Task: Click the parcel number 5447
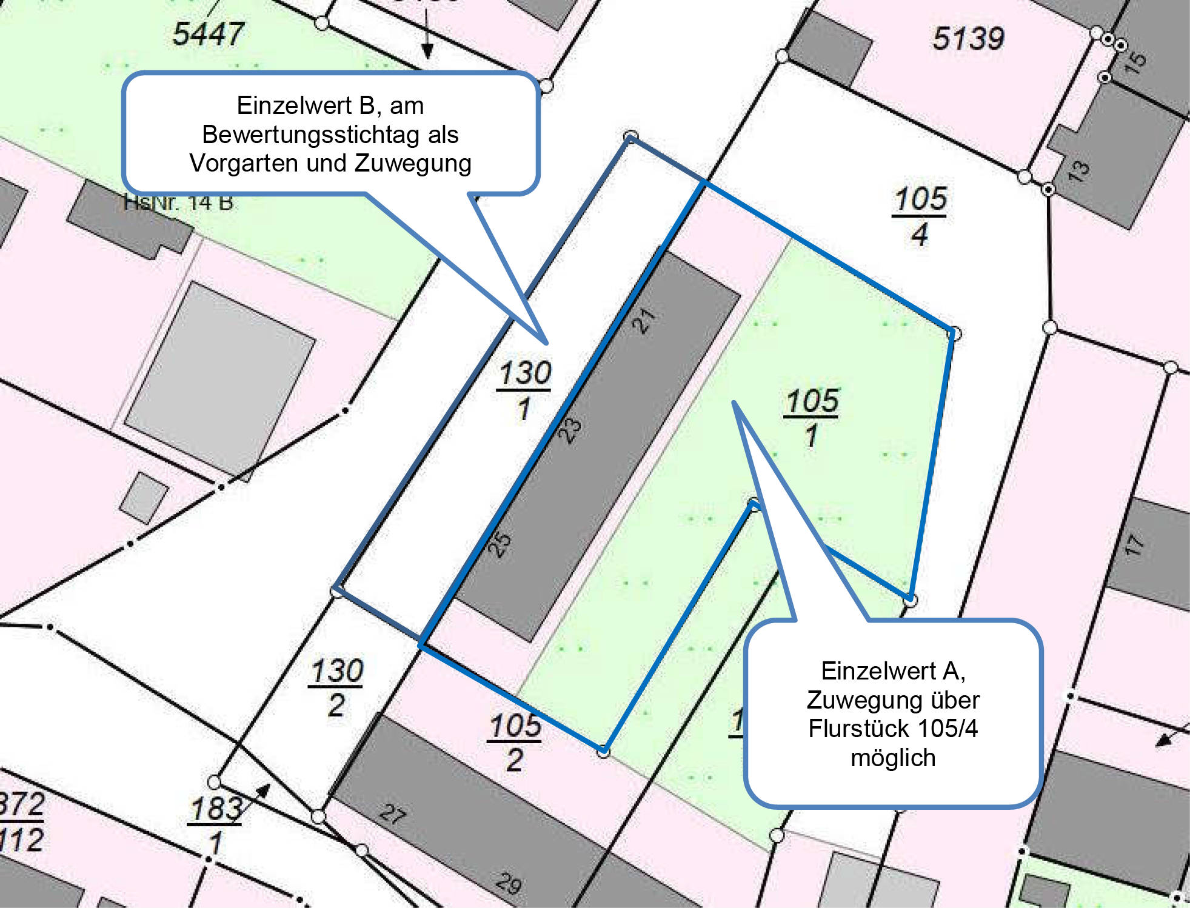[x=208, y=33]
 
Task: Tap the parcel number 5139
[x=968, y=39]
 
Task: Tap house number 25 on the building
[x=500, y=544]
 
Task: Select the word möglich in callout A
[x=893, y=758]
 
